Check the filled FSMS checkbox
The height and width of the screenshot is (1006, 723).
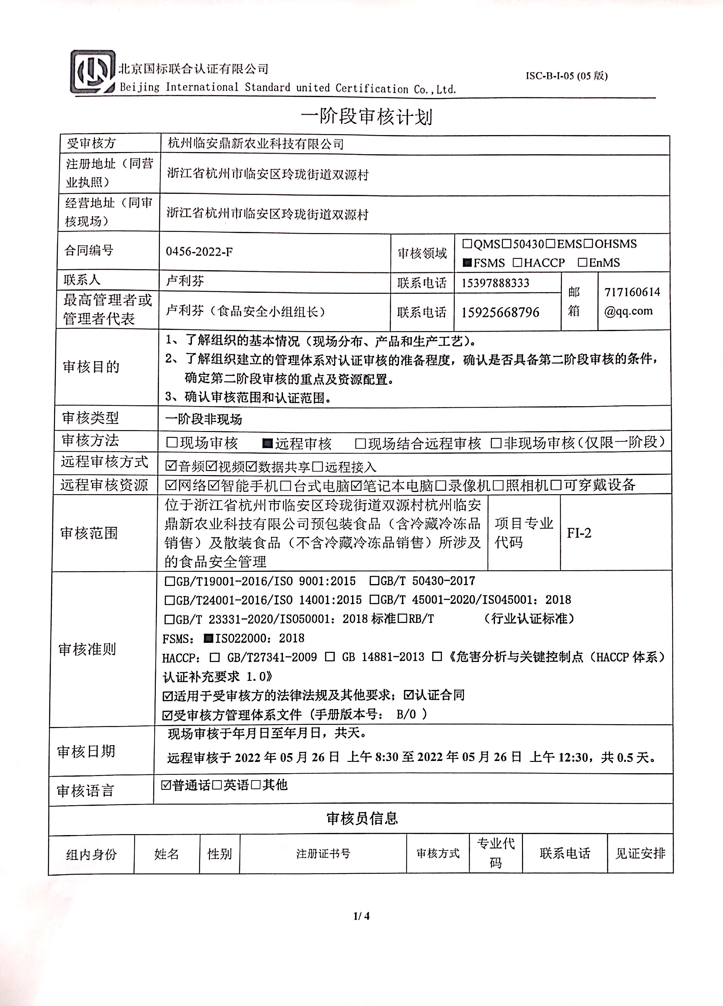tap(467, 263)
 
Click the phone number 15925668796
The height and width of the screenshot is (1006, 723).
tap(500, 313)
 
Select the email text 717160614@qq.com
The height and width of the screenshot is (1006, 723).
tap(631, 301)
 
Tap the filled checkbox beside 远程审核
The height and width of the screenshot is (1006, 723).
tap(267, 443)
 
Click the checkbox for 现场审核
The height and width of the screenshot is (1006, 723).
tap(172, 443)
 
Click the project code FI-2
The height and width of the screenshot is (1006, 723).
tap(579, 533)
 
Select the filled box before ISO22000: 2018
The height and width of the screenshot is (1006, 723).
tap(208, 638)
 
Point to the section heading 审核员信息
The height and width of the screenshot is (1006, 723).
tap(362, 818)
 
